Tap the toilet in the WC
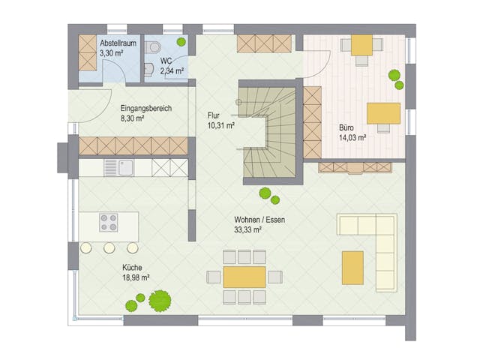(x=155, y=48)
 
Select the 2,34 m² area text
(x=172, y=71)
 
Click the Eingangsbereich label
(x=145, y=108)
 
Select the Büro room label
(x=349, y=127)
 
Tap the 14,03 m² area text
(x=352, y=138)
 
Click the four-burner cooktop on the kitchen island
(x=109, y=223)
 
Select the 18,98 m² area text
(x=136, y=277)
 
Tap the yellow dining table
(x=244, y=277)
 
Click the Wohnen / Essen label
(x=259, y=220)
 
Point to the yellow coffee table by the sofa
(x=352, y=268)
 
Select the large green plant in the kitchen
(x=160, y=301)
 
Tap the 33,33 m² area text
(x=248, y=231)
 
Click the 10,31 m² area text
(x=221, y=126)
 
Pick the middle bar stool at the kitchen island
(x=109, y=247)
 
